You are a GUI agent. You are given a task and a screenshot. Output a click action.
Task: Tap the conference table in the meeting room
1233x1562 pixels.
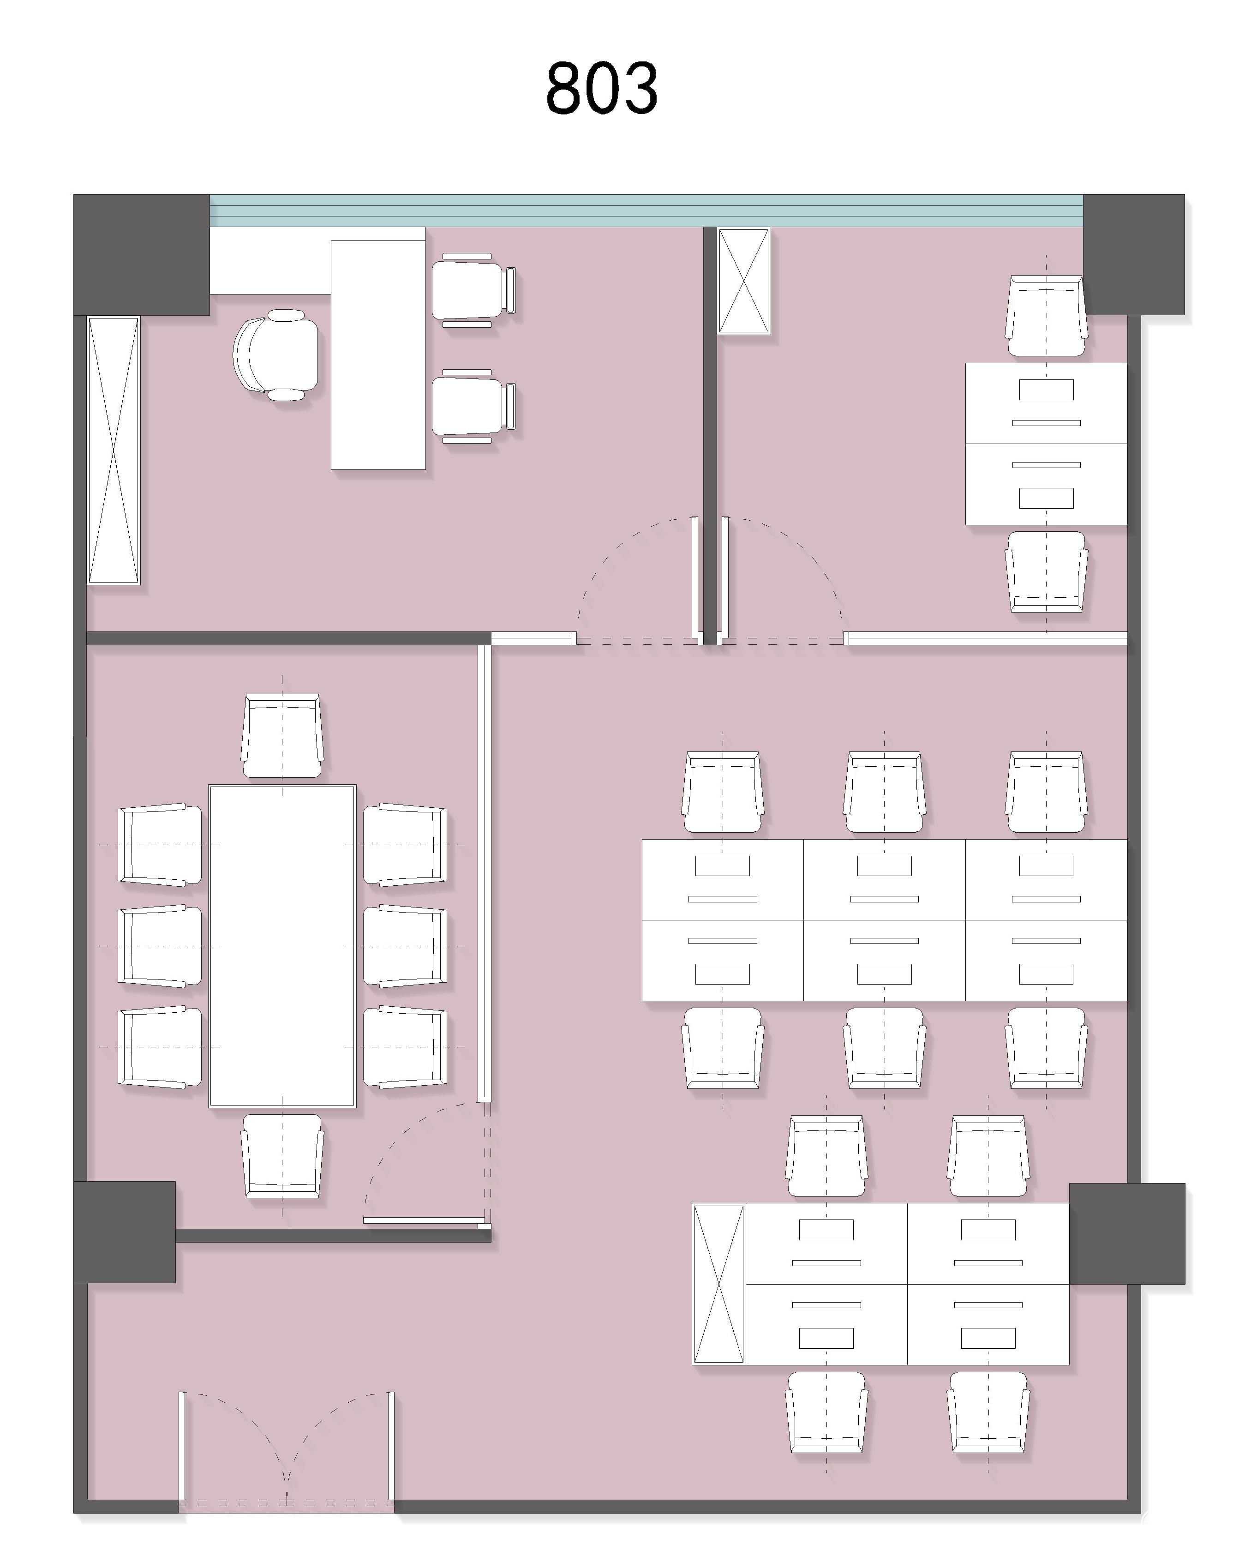[x=282, y=946]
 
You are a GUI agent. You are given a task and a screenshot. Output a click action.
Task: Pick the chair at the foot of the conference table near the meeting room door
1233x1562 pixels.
[x=282, y=1155]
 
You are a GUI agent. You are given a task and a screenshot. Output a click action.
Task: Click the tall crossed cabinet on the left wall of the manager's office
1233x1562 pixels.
[x=114, y=450]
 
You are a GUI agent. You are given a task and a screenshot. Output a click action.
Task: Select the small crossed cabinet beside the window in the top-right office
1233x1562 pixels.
[x=743, y=281]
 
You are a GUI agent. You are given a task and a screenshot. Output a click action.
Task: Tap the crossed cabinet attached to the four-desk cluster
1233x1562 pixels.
[x=718, y=1285]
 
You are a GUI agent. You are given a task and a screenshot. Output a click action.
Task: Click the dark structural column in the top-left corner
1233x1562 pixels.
[x=142, y=255]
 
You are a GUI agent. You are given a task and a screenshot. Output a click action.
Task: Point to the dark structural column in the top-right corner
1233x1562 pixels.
[x=1134, y=255]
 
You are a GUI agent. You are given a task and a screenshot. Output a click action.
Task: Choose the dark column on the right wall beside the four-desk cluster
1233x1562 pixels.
[x=1127, y=1233]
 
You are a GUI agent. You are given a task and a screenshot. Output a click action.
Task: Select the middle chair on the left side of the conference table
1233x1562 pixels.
[x=160, y=946]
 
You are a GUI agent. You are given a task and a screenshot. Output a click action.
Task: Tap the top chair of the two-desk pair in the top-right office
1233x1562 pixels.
[x=1047, y=316]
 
